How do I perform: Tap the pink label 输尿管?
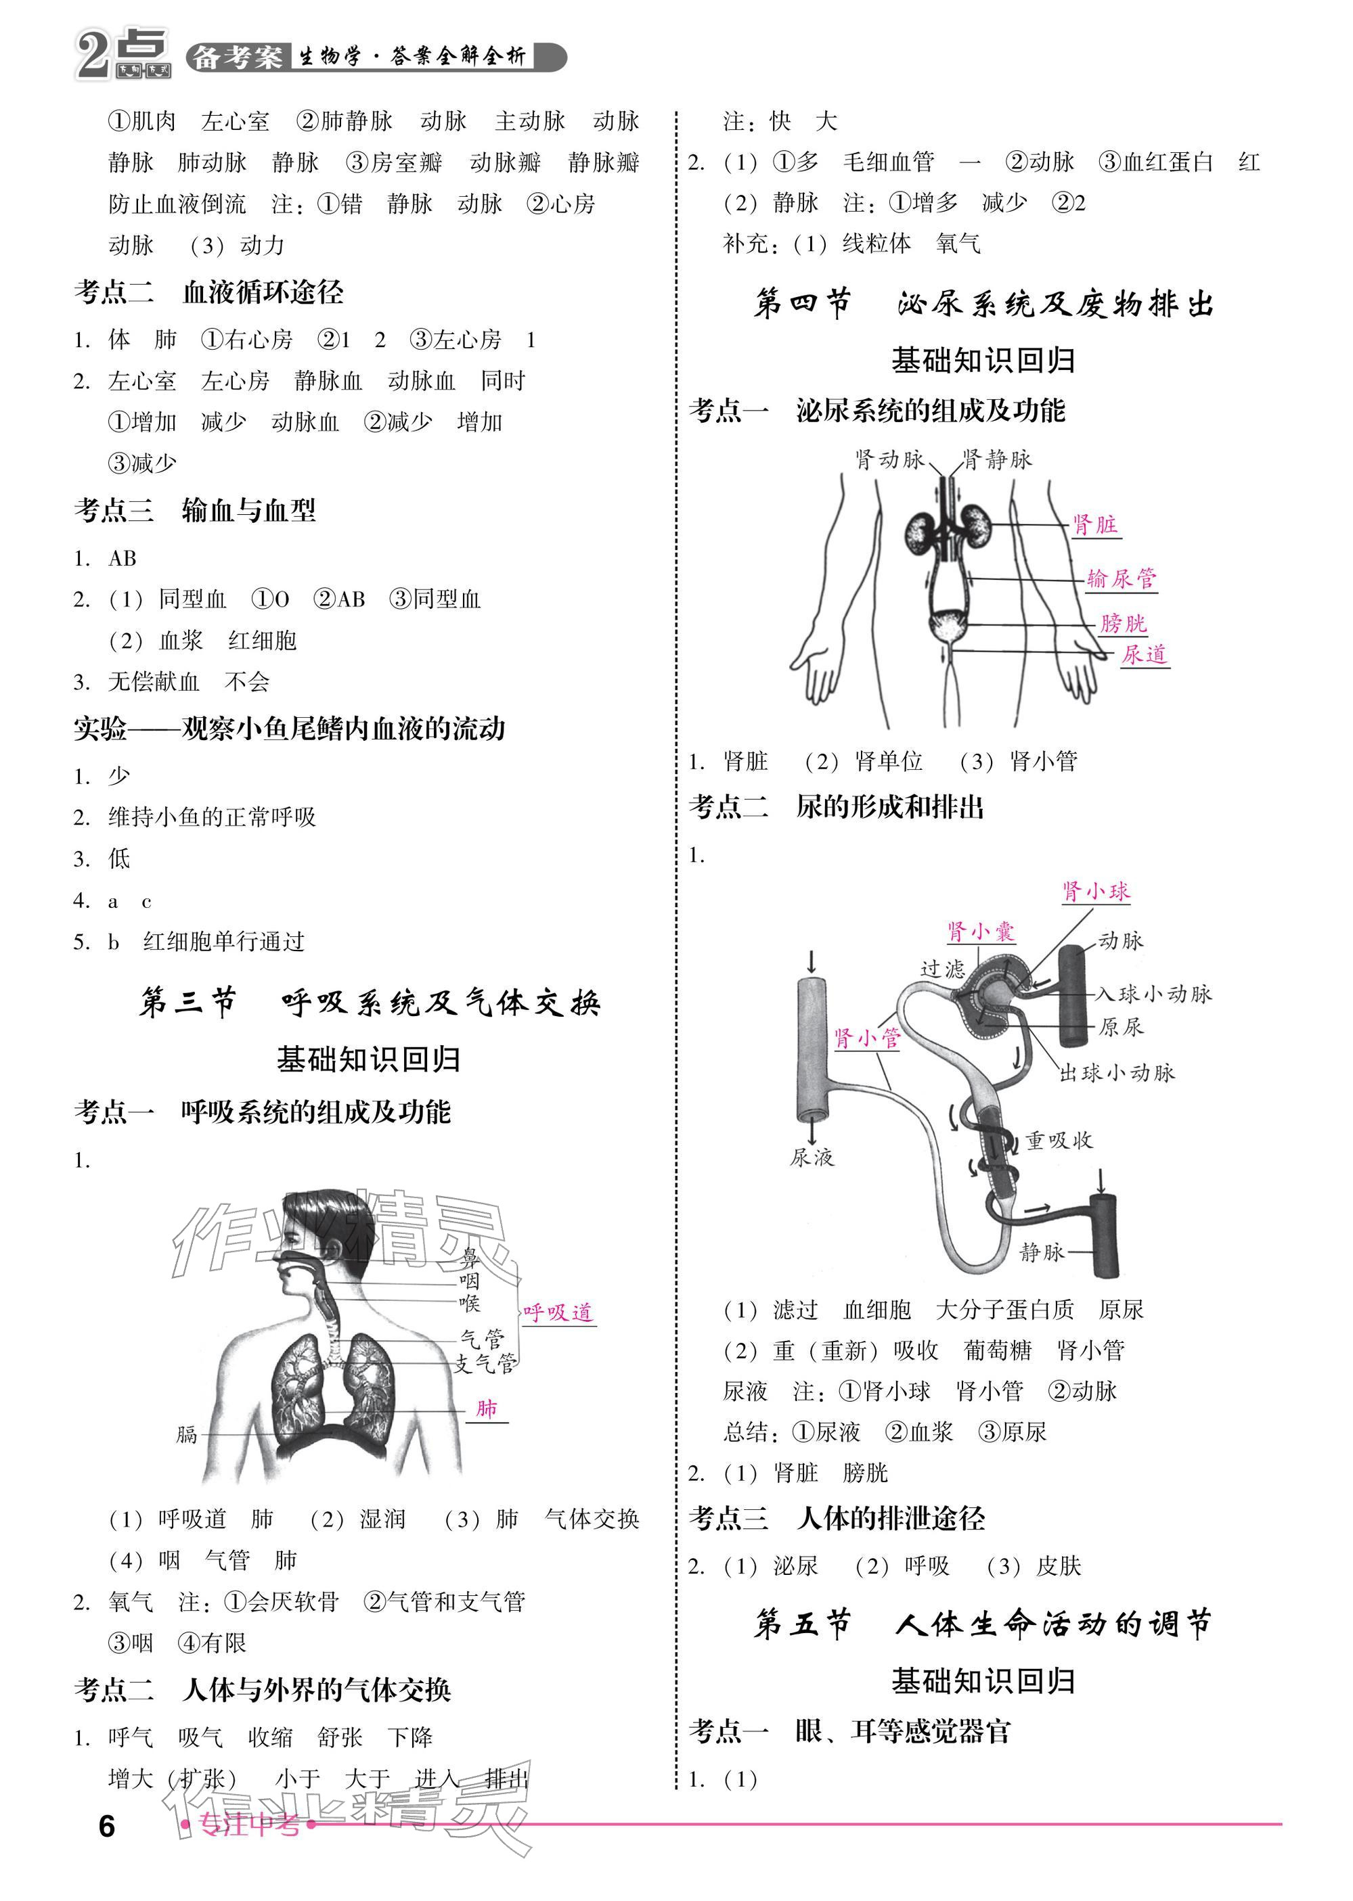pos(1122,578)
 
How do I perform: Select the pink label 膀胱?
pos(1122,623)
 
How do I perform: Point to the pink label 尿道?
pos(1143,654)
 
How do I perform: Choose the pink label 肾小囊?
pos(981,932)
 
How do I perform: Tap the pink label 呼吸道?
pos(557,1312)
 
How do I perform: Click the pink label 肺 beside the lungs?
pos(487,1408)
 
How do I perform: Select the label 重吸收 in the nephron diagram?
pos(1058,1141)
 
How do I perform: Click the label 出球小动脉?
pos(1116,1072)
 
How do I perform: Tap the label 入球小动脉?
pos(1153,993)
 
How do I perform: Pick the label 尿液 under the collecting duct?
pos(812,1157)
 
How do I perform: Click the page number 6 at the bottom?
pos(107,1826)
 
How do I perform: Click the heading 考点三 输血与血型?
pos(195,511)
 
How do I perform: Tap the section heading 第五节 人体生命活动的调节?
pos(982,1624)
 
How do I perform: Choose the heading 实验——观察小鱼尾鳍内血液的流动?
pos(289,729)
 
